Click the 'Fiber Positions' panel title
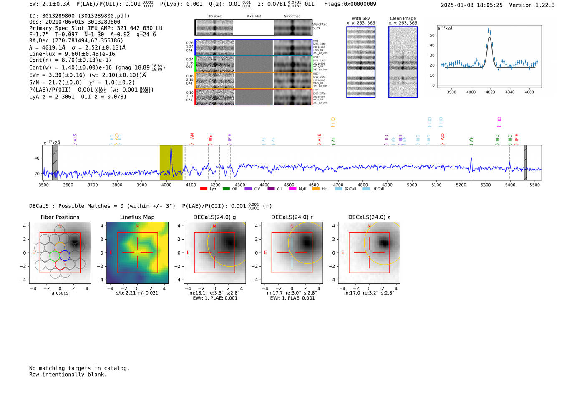(x=60, y=217)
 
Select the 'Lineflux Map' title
(x=137, y=217)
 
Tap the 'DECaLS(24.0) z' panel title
(x=369, y=217)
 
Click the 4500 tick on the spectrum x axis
(x=289, y=185)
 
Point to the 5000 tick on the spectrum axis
(x=412, y=185)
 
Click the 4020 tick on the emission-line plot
(x=490, y=92)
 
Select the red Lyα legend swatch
(x=204, y=189)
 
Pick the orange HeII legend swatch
(x=316, y=189)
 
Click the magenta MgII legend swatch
(x=292, y=189)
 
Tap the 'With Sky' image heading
(x=361, y=18)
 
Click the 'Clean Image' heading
(x=403, y=18)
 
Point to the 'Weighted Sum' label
(x=320, y=26)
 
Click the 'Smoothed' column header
(x=292, y=17)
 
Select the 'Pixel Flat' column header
(x=254, y=17)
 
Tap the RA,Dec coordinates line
(x=76, y=40)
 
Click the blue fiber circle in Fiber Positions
(x=65, y=255)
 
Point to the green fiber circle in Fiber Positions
(x=55, y=255)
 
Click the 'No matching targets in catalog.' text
(x=79, y=368)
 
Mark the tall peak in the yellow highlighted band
(x=171, y=148)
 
